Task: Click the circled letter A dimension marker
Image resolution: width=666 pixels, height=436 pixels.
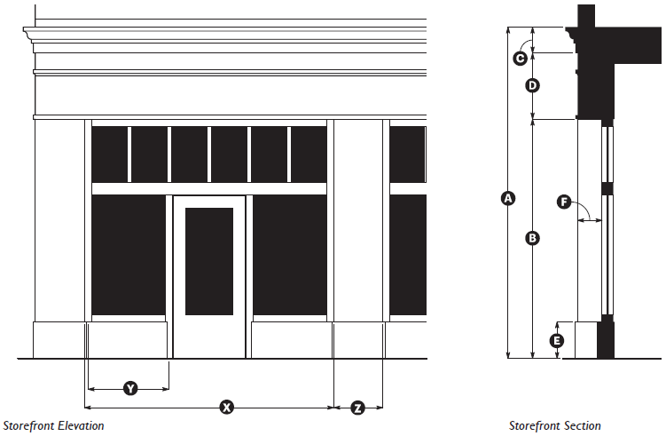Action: click(x=507, y=199)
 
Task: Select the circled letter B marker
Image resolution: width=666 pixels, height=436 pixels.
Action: click(x=532, y=238)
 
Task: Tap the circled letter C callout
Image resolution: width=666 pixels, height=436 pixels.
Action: click(x=521, y=59)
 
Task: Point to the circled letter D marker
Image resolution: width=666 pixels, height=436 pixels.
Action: click(x=532, y=86)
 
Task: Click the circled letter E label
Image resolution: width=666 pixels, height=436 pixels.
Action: click(x=556, y=340)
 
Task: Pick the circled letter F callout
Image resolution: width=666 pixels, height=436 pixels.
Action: click(x=563, y=202)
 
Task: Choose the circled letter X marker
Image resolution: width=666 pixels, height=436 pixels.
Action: click(x=226, y=408)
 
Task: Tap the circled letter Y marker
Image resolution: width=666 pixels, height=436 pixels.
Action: click(x=130, y=389)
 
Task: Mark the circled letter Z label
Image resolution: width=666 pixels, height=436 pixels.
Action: click(x=357, y=408)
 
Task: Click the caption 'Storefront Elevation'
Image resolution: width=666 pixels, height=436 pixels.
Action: click(x=54, y=426)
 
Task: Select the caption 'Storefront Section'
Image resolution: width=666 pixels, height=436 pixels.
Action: click(x=554, y=426)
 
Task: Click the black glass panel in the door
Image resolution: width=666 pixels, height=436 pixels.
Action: click(x=209, y=261)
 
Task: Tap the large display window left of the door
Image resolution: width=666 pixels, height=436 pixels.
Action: click(x=129, y=255)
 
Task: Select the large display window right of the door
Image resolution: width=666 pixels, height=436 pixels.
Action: click(x=290, y=255)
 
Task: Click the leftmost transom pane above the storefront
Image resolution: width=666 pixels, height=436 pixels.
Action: click(x=110, y=155)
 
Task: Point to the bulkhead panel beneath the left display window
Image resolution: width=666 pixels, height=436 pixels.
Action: click(x=129, y=338)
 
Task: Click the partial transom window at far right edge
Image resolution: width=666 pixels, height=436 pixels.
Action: click(x=407, y=155)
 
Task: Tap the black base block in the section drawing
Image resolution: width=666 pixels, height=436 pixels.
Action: click(x=606, y=338)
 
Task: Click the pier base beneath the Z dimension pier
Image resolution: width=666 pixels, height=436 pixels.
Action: click(x=358, y=338)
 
